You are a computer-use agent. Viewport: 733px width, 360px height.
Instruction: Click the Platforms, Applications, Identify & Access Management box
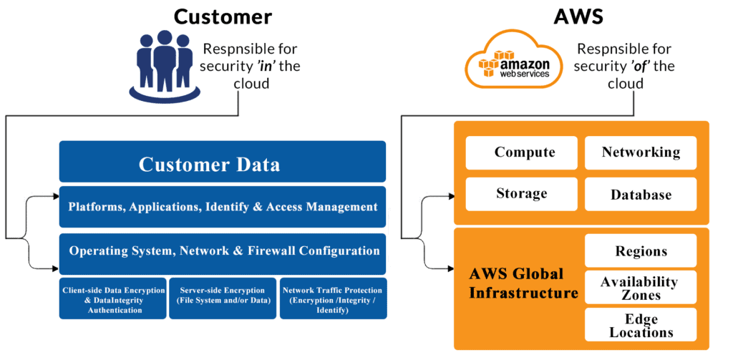click(x=222, y=207)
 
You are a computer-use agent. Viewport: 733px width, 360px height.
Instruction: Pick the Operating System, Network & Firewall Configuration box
click(x=222, y=252)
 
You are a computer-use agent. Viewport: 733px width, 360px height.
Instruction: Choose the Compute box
click(x=524, y=153)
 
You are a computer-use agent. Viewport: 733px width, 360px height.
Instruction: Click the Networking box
click(x=641, y=153)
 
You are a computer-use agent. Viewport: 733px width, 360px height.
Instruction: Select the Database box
click(x=641, y=195)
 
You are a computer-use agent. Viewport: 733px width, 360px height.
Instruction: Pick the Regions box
click(x=641, y=251)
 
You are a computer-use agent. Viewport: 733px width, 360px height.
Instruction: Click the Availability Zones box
click(x=641, y=288)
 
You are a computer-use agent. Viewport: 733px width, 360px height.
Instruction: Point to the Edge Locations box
click(x=641, y=325)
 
